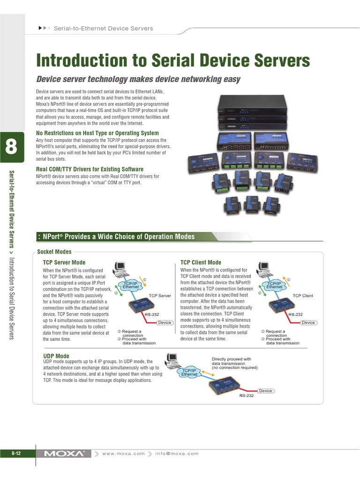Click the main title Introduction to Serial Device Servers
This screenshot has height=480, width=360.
[173, 60]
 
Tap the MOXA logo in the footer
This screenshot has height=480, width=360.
[65, 453]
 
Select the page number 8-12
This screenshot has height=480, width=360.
[16, 453]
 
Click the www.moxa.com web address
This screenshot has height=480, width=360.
[123, 453]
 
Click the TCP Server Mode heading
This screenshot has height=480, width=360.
[64, 262]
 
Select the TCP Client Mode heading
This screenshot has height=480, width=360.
[201, 262]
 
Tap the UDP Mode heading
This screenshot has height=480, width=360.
[56, 356]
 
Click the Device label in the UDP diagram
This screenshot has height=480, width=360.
[266, 390]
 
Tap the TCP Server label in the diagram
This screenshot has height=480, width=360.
[160, 296]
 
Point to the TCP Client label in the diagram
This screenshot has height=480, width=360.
[303, 296]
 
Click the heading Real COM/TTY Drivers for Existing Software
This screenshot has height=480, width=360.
[90, 169]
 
